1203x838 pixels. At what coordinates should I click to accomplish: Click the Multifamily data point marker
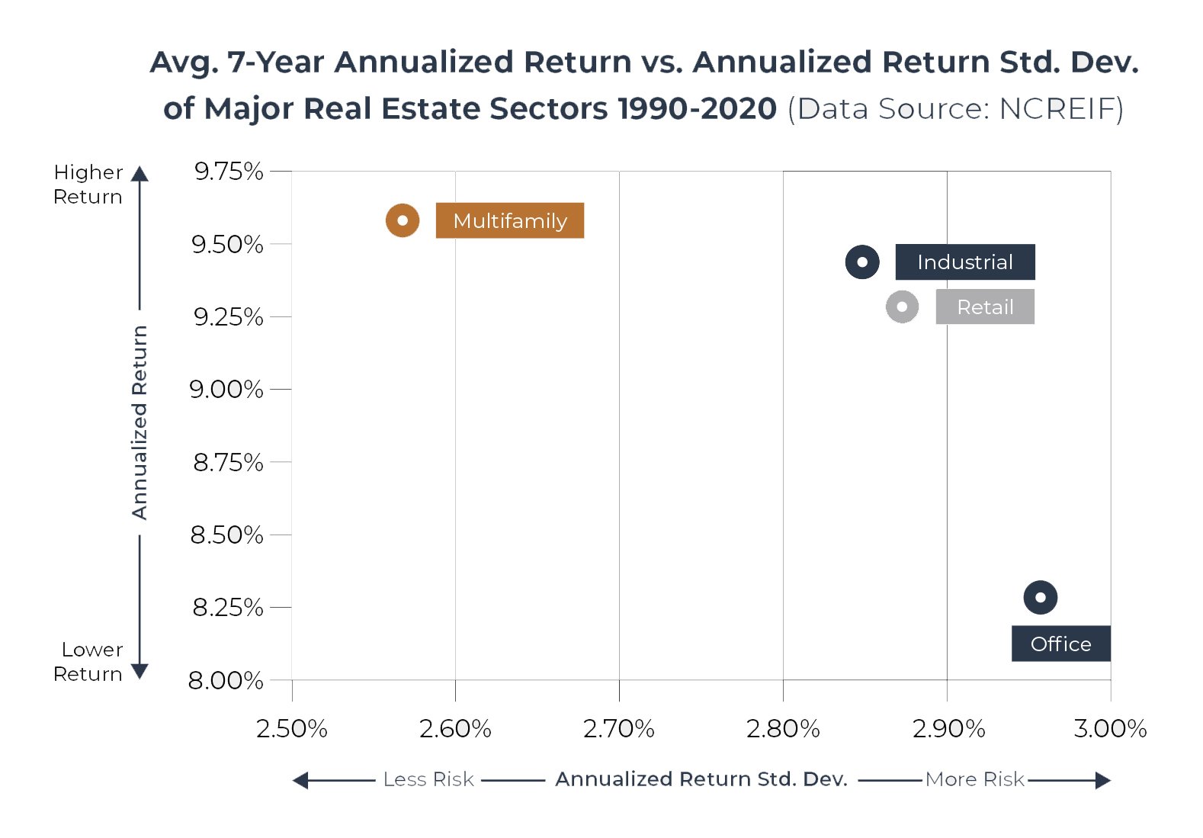pyautogui.click(x=403, y=221)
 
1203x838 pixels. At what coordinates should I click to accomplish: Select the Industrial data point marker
pyautogui.click(x=862, y=262)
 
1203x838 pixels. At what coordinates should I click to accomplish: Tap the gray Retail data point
pyautogui.click(x=903, y=307)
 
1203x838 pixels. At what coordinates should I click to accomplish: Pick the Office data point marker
pyautogui.click(x=1041, y=597)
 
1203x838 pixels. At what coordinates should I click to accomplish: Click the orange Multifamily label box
pyautogui.click(x=510, y=220)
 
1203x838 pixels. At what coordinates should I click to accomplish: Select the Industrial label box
pyautogui.click(x=965, y=262)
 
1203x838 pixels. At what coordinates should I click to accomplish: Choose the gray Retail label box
pyautogui.click(x=985, y=307)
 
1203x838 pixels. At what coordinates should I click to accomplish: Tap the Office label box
pyautogui.click(x=1061, y=644)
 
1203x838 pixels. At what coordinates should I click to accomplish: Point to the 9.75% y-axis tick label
pyautogui.click(x=229, y=172)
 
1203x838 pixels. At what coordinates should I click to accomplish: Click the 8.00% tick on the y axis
pyautogui.click(x=226, y=681)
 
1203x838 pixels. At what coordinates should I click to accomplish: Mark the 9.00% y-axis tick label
pyautogui.click(x=226, y=389)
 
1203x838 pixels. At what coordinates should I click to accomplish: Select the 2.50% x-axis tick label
pyautogui.click(x=292, y=729)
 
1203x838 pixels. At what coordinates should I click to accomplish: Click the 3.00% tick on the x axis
pyautogui.click(x=1110, y=729)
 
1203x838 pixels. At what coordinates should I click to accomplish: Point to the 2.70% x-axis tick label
pyautogui.click(x=619, y=729)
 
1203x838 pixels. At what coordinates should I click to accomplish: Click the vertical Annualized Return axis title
pyautogui.click(x=139, y=422)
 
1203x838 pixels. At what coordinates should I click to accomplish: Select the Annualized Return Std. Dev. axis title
pyautogui.click(x=701, y=779)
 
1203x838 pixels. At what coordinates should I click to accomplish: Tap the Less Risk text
pyautogui.click(x=428, y=779)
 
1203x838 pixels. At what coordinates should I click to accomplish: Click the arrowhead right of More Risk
pyautogui.click(x=1103, y=780)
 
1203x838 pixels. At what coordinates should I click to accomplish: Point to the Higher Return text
pyautogui.click(x=88, y=185)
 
